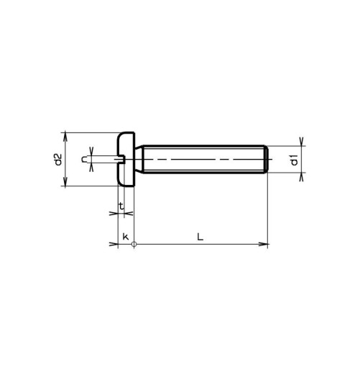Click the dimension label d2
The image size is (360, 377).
tap(58, 160)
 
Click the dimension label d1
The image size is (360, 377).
tap(295, 160)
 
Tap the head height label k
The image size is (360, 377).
tap(125, 237)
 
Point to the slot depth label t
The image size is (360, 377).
tap(121, 206)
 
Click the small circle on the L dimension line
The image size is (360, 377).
tap(134, 245)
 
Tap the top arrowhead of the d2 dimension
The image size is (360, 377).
tap(65, 137)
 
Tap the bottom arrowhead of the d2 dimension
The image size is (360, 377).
tap(65, 183)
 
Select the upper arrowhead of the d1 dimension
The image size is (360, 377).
tap(302, 142)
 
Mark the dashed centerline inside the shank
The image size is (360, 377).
tap(201, 159)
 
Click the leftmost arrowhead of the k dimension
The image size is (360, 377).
tap(114, 245)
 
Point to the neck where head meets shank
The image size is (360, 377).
tap(138, 160)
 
